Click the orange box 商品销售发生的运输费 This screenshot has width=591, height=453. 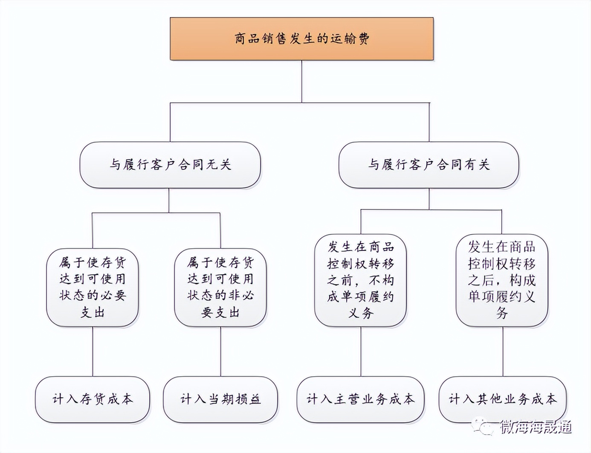301,39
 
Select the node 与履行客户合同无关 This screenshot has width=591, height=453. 170,165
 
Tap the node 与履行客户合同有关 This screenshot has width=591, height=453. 429,165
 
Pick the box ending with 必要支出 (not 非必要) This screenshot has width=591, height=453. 93,287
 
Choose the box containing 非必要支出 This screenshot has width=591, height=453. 220,287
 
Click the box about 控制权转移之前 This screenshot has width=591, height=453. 361,280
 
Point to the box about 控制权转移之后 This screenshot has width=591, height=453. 502,280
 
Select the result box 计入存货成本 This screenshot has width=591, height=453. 93,399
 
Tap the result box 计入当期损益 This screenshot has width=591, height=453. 220,399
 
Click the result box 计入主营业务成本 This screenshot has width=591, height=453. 361,399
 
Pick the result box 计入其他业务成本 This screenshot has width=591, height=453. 503,399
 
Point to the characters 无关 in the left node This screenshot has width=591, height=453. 218,165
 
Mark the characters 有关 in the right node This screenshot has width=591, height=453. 477,165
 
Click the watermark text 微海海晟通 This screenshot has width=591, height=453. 536,427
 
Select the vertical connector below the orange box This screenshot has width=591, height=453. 302,81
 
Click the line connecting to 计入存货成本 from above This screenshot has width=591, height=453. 93,351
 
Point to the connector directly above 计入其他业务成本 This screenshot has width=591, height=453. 502,351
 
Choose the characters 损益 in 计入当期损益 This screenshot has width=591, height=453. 248,399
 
